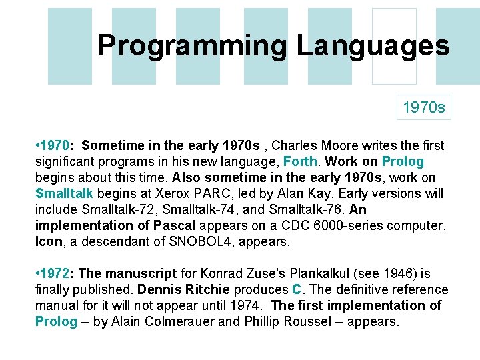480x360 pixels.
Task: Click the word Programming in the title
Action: tap(193, 46)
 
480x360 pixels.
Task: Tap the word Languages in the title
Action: tap(373, 46)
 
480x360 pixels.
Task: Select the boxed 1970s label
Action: tap(424, 107)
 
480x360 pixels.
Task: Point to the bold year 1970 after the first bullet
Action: tap(57, 145)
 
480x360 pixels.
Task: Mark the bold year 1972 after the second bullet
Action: tap(57, 273)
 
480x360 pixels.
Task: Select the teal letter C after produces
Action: tap(297, 289)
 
